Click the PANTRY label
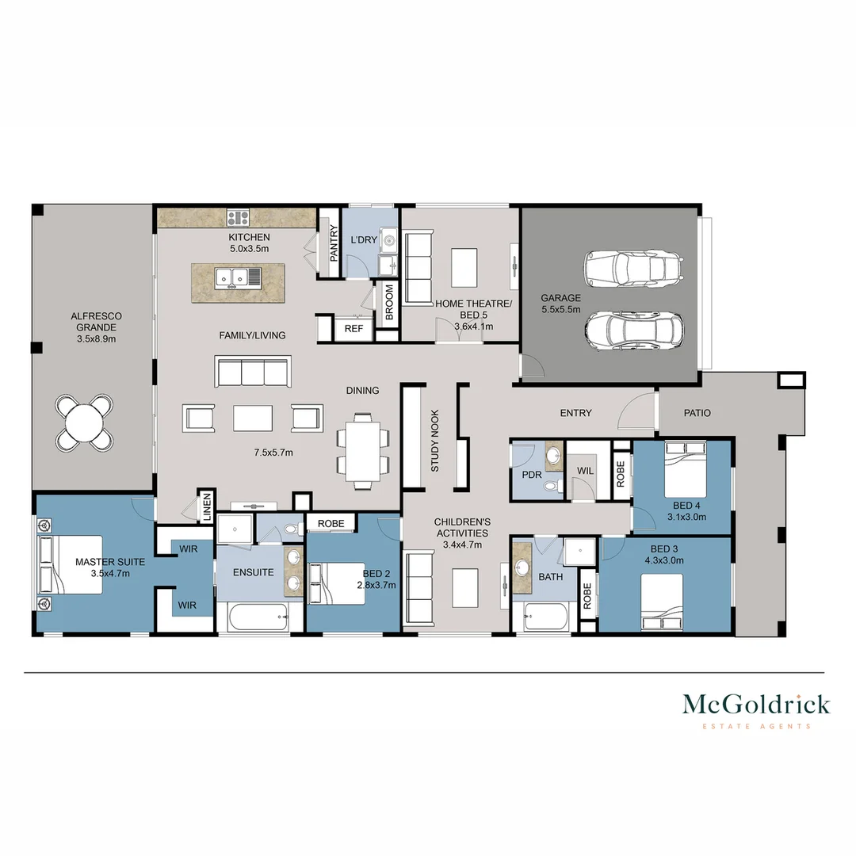point(334,243)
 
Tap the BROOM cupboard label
point(389,303)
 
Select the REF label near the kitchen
point(353,329)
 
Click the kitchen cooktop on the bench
point(238,218)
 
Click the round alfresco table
point(85,422)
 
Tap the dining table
point(363,452)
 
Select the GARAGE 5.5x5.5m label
point(560,304)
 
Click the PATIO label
point(697,413)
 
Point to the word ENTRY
point(576,413)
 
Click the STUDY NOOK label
point(435,441)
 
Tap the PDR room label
point(532,475)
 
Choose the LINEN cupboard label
point(207,508)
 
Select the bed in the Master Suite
point(70,564)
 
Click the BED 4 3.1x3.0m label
point(686,511)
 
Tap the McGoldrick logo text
point(756,705)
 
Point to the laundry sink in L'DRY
point(389,239)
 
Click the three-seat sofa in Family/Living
point(253,372)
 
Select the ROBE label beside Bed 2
point(331,524)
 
